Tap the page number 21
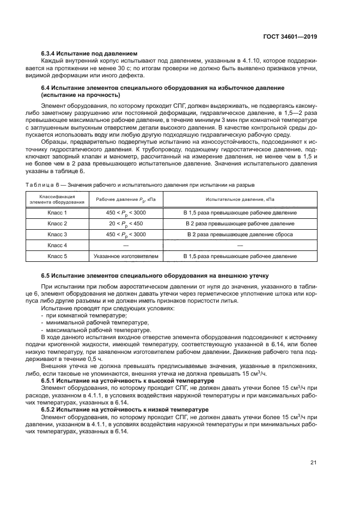(x=313, y=463)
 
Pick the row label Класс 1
(x=57, y=212)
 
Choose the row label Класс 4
(x=57, y=245)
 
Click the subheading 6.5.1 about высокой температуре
(x=127, y=381)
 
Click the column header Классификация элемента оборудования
(x=57, y=199)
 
